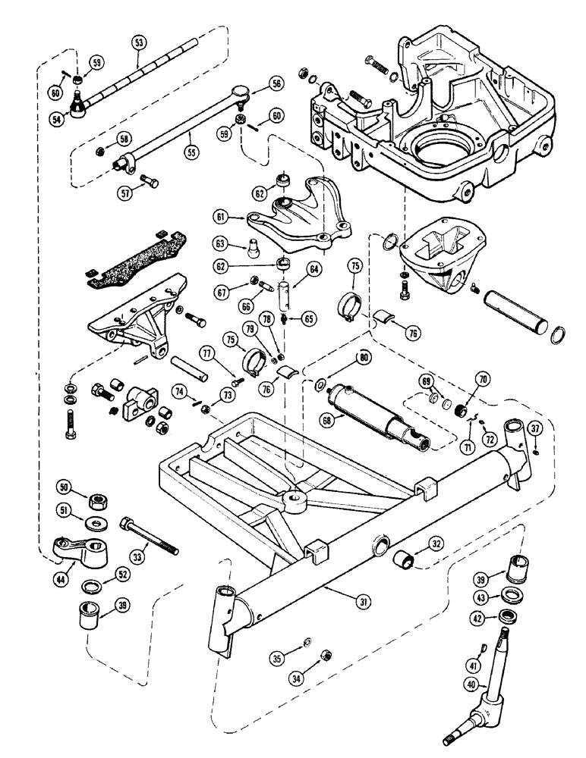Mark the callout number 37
coord(535,431)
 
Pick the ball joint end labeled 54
coord(79,106)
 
